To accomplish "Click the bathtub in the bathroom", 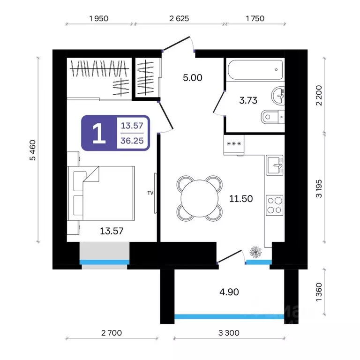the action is [x=255, y=70].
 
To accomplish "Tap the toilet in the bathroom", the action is [x=273, y=117].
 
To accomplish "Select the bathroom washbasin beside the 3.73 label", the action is [x=278, y=96].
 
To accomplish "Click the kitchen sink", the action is [x=275, y=165].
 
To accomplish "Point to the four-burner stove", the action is [x=275, y=205].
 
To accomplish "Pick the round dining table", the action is [x=200, y=198].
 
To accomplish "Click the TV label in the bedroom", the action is [x=150, y=193].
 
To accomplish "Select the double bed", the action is [x=101, y=193].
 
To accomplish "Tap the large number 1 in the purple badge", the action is [x=99, y=133].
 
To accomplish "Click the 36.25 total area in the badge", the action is [x=132, y=141].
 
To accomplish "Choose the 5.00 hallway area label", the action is [x=193, y=78].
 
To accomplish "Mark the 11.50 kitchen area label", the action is [x=241, y=199].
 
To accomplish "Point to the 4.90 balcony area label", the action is [x=229, y=292].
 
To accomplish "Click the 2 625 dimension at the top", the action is [x=179, y=18].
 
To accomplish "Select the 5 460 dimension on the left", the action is [x=33, y=150].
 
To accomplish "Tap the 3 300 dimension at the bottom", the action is [x=229, y=333].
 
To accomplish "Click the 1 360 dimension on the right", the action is [x=319, y=292].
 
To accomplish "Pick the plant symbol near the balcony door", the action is [x=255, y=252].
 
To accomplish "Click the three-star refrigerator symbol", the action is [x=234, y=144].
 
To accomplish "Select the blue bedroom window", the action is [x=105, y=262].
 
